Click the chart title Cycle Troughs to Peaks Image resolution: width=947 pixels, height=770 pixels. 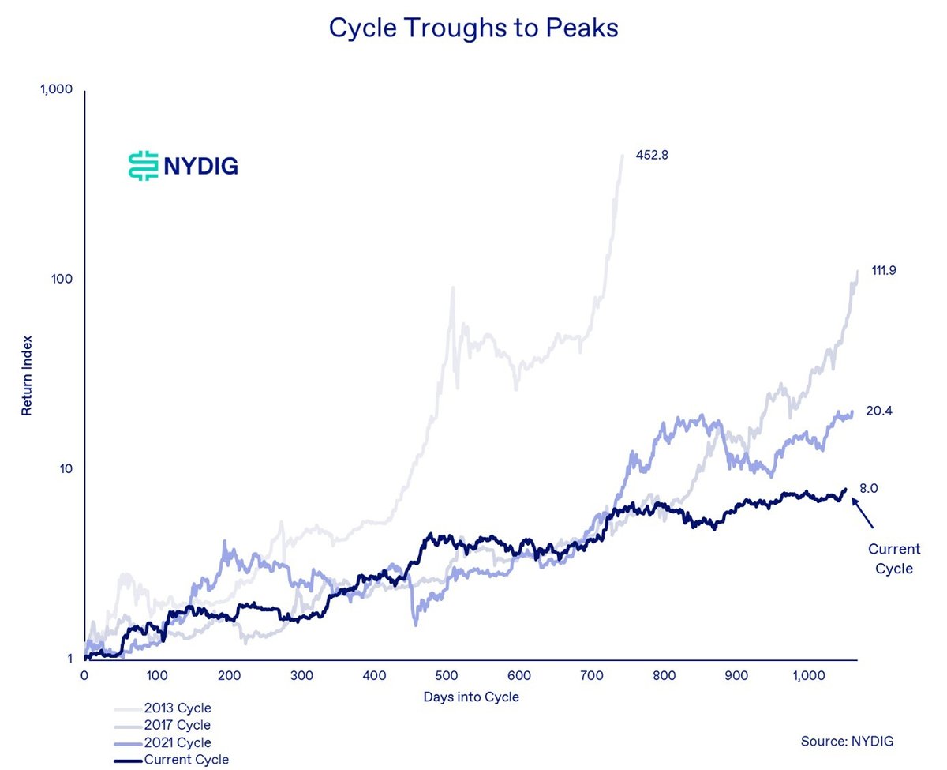click(473, 28)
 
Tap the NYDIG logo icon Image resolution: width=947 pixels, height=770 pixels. click(143, 166)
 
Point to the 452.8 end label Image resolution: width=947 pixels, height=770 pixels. click(652, 155)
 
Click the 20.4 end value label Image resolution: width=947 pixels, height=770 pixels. click(879, 411)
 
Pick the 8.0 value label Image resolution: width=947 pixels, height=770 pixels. click(868, 489)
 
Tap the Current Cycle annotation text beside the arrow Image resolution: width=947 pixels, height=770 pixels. click(893, 558)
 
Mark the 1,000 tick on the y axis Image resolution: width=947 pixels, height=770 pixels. click(56, 90)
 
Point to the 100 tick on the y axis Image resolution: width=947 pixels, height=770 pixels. click(62, 280)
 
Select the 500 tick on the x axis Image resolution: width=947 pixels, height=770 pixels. click(447, 676)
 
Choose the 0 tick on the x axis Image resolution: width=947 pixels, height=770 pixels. click(84, 676)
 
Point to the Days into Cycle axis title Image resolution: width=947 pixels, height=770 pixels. click(471, 697)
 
